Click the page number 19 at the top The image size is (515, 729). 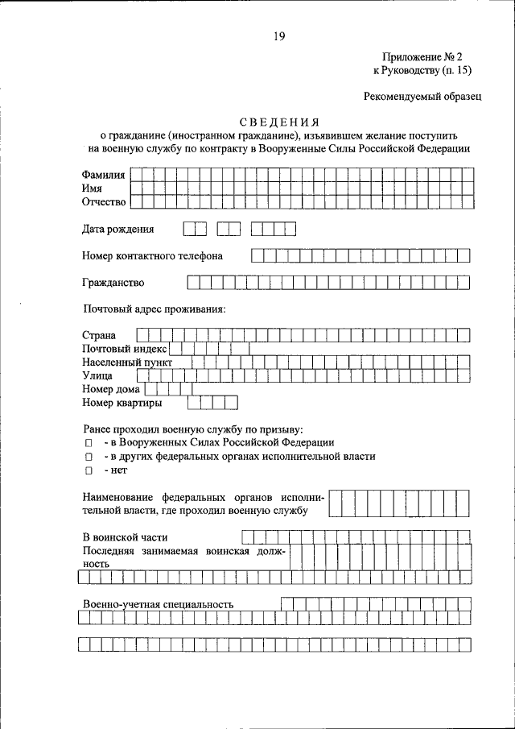point(278,35)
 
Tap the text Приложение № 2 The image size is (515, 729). point(423,57)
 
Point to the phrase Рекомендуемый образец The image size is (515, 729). point(422,97)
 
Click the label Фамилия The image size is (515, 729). point(103,175)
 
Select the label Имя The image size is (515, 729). point(91,188)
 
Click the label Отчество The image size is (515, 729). point(104,201)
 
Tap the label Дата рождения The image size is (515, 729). point(117,230)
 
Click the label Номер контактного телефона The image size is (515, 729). point(152,256)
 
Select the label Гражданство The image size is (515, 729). point(113,283)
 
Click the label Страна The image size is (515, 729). point(99,335)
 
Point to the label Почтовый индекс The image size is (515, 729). point(124,349)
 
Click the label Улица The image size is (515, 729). point(97,375)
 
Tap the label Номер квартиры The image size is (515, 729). point(122,402)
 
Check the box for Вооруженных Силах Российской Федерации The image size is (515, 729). point(89,443)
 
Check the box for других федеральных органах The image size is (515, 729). point(89,457)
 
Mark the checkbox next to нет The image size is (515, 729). point(89,470)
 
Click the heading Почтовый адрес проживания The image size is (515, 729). point(154,309)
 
